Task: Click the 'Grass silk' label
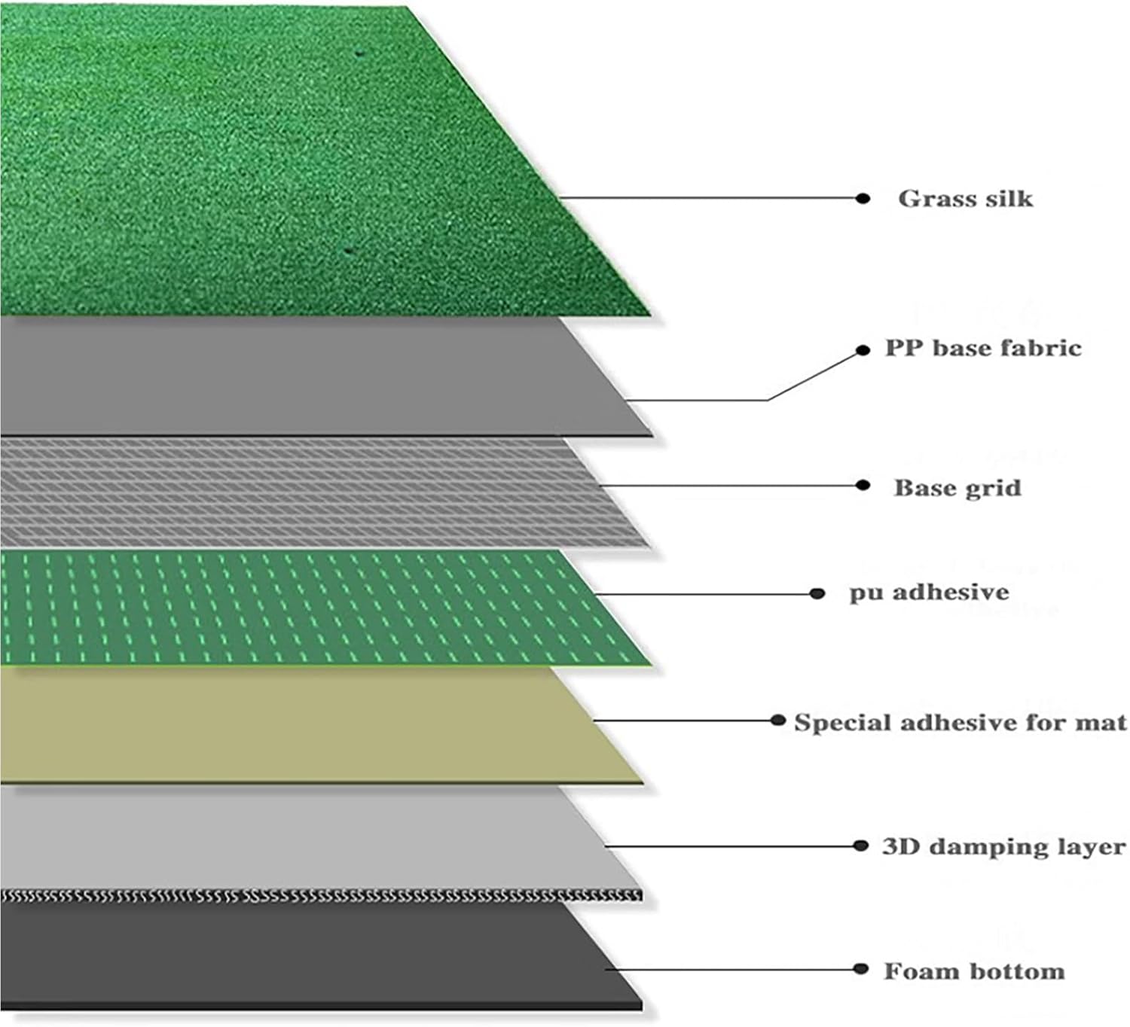(x=965, y=199)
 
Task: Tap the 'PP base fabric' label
(x=983, y=348)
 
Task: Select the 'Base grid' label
(x=957, y=488)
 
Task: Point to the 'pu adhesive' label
(x=929, y=593)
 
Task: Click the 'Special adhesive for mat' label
(x=960, y=722)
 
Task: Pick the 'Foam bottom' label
(x=974, y=971)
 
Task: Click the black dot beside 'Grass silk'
(x=863, y=198)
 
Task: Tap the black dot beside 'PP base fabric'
(x=863, y=350)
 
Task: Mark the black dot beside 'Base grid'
(x=863, y=486)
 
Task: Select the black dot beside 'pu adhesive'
(x=817, y=593)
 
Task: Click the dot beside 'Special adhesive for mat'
(x=778, y=720)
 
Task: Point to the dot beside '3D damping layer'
(x=860, y=846)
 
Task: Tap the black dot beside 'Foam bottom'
(x=860, y=968)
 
